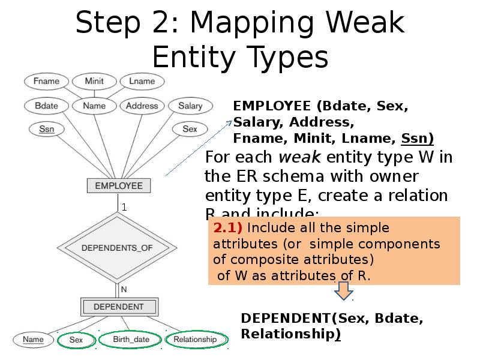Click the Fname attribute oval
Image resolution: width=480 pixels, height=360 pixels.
46,81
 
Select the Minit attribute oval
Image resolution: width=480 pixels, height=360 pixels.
94,81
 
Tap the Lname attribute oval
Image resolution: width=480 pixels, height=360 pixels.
142,81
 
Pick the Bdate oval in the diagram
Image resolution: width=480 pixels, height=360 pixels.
46,106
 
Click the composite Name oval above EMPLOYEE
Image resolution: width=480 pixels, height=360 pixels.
94,106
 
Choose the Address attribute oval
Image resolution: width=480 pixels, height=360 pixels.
142,106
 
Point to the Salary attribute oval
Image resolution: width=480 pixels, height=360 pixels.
190,106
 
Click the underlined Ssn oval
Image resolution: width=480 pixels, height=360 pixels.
46,128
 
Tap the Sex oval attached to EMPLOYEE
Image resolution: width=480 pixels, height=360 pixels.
190,128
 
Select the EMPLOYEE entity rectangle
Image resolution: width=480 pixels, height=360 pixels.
119,185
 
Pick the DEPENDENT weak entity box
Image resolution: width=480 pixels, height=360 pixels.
119,307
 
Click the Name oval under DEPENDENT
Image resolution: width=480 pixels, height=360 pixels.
34,340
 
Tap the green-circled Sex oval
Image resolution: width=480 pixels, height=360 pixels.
76,340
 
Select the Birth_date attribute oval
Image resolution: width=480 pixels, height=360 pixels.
131,340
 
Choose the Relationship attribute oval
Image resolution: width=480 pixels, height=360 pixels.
195,340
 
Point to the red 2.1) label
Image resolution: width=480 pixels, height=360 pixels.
227,229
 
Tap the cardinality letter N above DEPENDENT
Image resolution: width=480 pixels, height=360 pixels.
124,289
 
